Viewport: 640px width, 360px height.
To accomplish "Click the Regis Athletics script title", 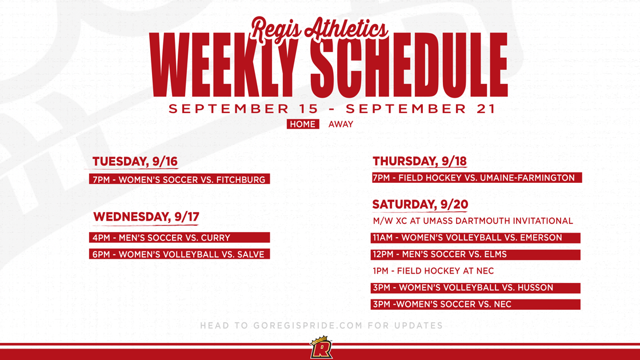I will [320, 29].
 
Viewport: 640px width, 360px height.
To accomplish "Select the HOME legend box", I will [302, 124].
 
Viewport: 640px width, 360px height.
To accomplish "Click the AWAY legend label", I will [341, 124].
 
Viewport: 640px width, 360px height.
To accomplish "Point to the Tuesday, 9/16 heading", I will [135, 162].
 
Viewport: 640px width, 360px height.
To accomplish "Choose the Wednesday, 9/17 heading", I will [146, 217].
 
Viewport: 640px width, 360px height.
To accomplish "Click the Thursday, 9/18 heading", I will [419, 161].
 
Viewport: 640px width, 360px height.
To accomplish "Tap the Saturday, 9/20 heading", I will [420, 205].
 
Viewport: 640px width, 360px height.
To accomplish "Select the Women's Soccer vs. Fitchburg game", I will [179, 179].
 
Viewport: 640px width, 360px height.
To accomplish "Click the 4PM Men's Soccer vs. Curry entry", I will [179, 238].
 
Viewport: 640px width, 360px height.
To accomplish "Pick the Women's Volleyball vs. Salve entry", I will [179, 254].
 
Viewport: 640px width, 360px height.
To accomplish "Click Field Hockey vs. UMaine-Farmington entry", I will [477, 178].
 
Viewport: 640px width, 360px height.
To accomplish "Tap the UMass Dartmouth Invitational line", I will [473, 221].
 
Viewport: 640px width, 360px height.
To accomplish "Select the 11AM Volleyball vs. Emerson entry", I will [475, 238].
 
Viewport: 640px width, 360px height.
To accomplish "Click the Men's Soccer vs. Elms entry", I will [475, 254].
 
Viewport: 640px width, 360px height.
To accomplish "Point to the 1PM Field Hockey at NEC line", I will [433, 271].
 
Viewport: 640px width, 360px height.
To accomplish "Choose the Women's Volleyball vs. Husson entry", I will [475, 287].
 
